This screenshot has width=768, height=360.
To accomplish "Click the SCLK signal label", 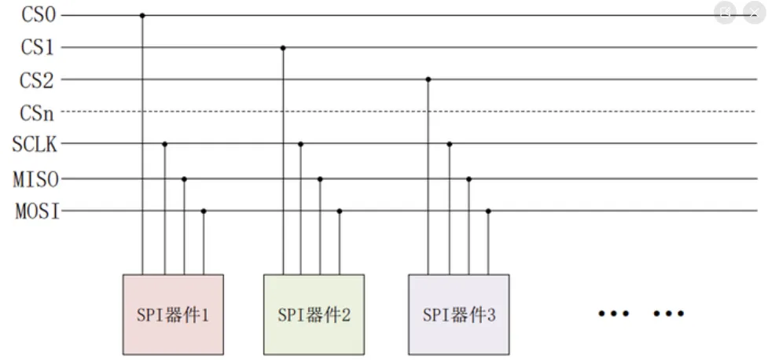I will [x=35, y=145].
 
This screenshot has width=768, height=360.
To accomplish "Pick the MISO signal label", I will [x=36, y=179].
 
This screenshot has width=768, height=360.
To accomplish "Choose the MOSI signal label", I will [x=36, y=211].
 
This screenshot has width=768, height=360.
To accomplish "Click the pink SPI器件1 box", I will [x=173, y=314].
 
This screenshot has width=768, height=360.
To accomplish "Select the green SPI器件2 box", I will [x=314, y=314].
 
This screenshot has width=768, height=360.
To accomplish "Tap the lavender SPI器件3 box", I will [x=458, y=314].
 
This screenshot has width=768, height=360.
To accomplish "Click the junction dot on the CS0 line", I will [x=142, y=15].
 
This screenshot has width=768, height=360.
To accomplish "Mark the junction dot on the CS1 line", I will [x=283, y=48].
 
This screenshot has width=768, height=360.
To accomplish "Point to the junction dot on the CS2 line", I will [x=428, y=79].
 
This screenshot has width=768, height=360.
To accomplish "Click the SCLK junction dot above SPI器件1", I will [x=164, y=144].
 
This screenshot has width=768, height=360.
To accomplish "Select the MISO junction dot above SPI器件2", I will [x=320, y=179].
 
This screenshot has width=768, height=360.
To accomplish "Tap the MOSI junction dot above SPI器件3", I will [x=488, y=211].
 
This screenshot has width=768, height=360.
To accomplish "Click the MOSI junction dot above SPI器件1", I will [x=204, y=211].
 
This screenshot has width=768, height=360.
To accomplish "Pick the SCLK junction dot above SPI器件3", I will [x=450, y=144].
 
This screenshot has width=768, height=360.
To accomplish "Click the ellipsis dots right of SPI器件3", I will [x=641, y=314].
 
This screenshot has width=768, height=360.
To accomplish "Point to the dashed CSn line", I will [x=393, y=112].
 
